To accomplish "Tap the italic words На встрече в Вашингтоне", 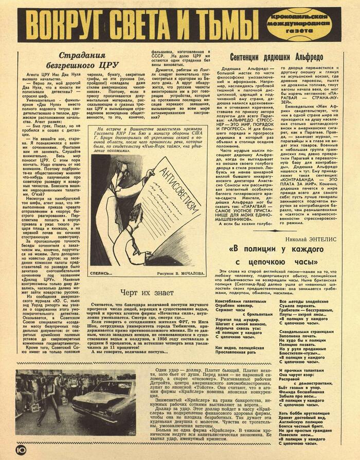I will (x=129, y=130).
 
